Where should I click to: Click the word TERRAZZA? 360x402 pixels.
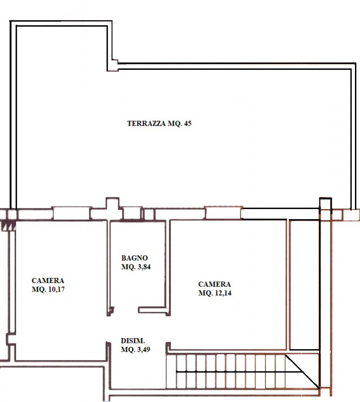click(146, 123)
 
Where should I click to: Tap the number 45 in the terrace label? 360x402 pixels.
click(188, 123)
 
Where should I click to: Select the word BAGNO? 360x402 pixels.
click(134, 258)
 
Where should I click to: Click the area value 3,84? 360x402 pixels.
click(144, 267)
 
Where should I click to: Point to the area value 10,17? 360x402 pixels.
click(56, 289)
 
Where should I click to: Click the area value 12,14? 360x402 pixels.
click(223, 293)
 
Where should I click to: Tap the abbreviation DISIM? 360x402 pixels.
click(133, 341)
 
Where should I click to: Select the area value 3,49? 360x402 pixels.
click(143, 349)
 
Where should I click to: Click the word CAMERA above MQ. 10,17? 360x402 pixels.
click(48, 280)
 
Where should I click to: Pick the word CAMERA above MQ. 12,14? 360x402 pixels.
click(215, 284)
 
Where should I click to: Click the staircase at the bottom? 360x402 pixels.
click(242, 371)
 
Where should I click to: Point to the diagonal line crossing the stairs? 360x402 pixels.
click(303, 371)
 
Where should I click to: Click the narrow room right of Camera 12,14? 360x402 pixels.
click(304, 284)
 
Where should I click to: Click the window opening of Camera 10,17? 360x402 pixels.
click(71, 213)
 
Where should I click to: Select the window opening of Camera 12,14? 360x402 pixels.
click(224, 213)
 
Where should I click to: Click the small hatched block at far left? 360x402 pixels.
click(8, 226)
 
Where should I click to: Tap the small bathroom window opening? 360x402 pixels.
click(132, 213)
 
